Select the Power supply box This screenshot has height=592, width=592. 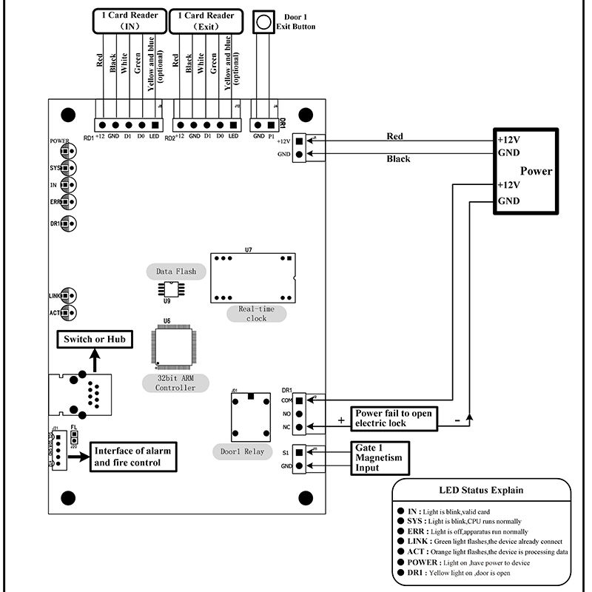pos(526,171)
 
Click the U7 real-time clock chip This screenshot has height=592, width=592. pos(252,278)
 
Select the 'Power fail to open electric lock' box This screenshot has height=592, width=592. pos(393,419)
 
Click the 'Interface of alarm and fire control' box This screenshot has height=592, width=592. pos(135,457)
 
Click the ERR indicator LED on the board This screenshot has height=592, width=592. pos(67,201)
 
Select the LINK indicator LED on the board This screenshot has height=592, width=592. pos(67,296)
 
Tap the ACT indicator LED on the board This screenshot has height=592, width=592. pos(67,313)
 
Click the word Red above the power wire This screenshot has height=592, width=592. pos(395,136)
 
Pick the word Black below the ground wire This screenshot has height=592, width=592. pos(398,158)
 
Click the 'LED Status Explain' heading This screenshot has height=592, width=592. pos(481,489)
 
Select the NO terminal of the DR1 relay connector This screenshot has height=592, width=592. pos(298,413)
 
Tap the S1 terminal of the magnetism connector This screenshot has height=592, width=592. pos(298,451)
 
